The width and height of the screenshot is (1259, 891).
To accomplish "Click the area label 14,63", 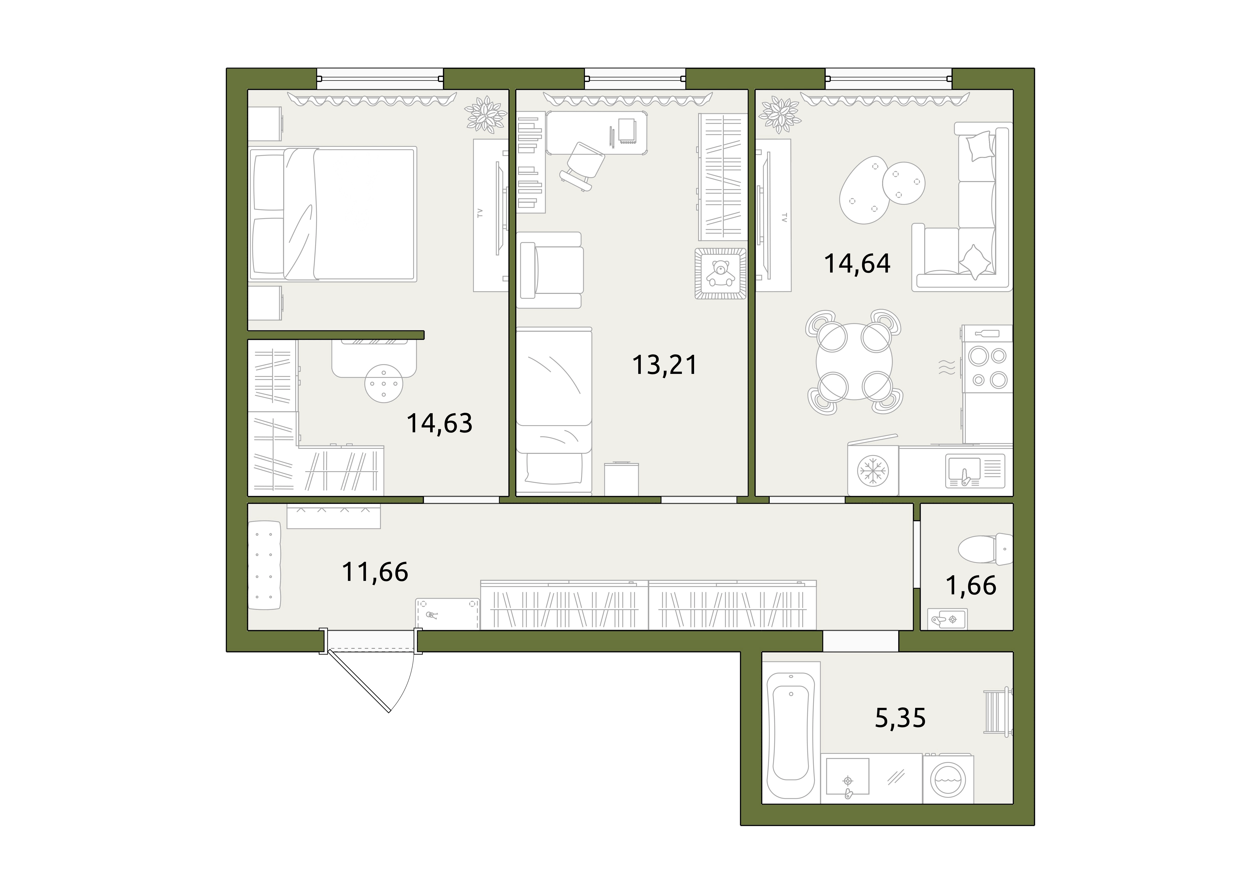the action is (439, 424).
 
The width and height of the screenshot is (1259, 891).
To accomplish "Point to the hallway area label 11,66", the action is (375, 572).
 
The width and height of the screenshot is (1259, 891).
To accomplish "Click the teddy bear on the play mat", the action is (720, 273).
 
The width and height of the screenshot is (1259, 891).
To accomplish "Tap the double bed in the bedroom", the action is (333, 214).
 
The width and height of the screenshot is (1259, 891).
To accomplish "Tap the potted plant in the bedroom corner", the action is (485, 114).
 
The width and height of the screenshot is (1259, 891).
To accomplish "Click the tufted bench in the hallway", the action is (264, 565).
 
